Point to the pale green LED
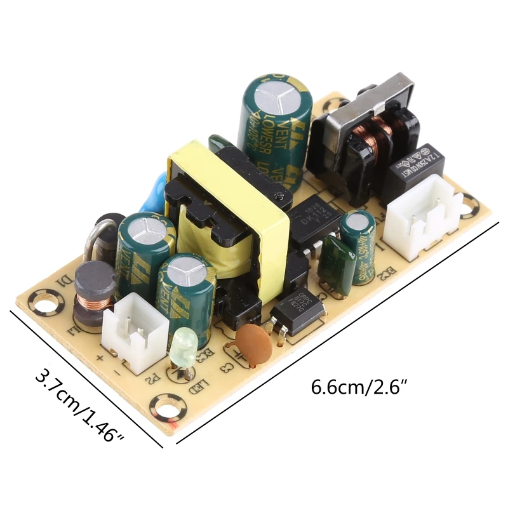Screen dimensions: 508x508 point(183,348)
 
